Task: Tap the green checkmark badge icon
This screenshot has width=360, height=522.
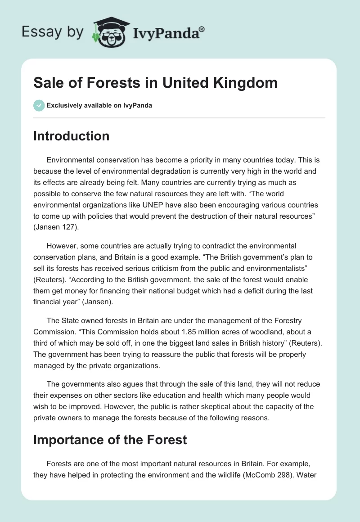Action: click(x=39, y=105)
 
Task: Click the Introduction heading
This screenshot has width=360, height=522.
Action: click(x=71, y=136)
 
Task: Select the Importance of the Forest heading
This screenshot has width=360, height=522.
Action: click(x=110, y=439)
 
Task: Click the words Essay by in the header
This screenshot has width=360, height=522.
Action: click(x=53, y=32)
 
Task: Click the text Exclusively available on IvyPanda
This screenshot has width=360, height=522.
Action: click(x=99, y=106)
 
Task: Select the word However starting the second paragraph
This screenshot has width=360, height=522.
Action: click(x=63, y=246)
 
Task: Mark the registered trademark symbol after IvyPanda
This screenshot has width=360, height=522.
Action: click(x=202, y=28)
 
